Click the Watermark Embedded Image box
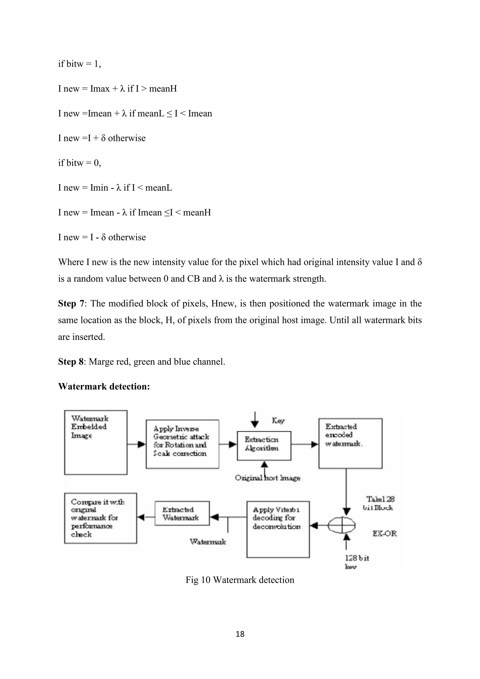[96, 442]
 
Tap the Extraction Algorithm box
[264, 446]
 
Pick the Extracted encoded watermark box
[350, 443]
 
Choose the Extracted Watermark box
[182, 513]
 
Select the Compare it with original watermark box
[101, 518]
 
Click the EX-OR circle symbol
[342, 525]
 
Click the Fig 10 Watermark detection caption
[240, 580]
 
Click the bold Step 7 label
[71, 303]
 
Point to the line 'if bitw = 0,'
[79, 163]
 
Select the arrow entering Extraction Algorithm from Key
[255, 420]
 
